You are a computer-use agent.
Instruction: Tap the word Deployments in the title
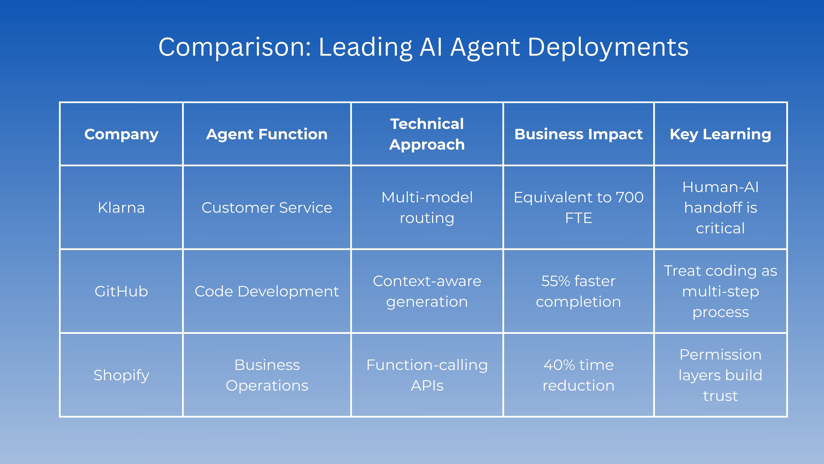[x=608, y=47]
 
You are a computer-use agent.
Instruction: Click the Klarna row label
[x=121, y=207]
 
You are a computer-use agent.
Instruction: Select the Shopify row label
[x=121, y=375]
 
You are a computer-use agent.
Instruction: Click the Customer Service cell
[x=267, y=207]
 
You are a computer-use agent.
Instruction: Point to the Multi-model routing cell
[x=427, y=207]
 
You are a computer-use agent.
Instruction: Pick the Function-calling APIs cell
[x=427, y=375]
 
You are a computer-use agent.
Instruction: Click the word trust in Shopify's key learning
[x=720, y=396]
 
